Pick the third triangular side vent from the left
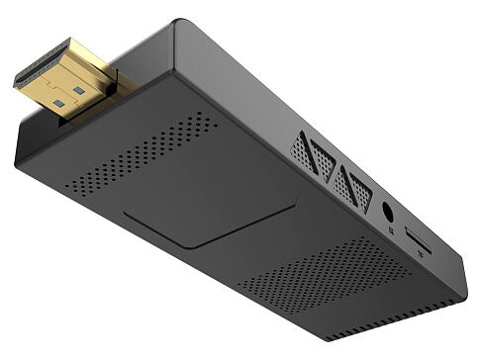click(342, 180)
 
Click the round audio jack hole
click(387, 212)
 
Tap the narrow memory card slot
click(417, 240)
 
